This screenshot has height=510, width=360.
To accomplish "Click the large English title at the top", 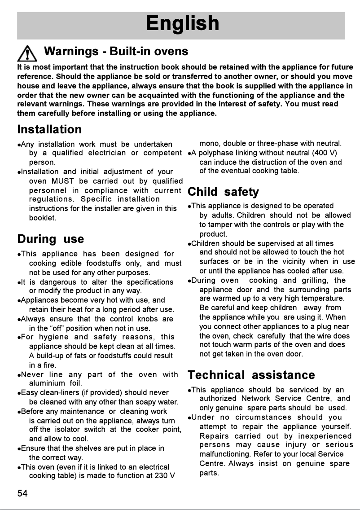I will [182, 24].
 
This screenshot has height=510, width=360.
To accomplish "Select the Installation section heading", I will [49, 129].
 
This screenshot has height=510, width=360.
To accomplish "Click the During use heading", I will [50, 238].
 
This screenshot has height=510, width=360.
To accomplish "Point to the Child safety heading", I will [223, 192].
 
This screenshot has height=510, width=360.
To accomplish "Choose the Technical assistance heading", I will [251, 375].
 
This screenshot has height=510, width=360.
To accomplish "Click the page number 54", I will [22, 494].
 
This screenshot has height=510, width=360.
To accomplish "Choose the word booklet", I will [43, 218].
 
